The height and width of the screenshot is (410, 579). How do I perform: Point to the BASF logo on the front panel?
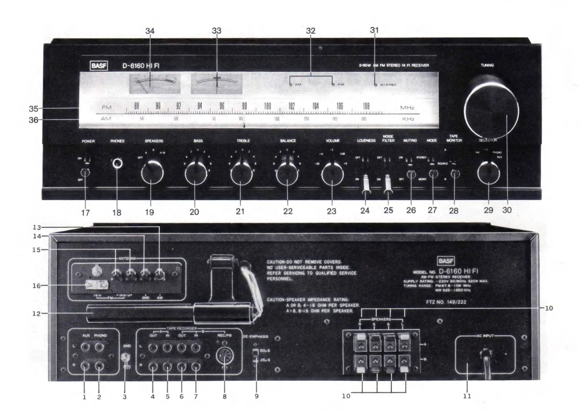pyautogui.click(x=99, y=66)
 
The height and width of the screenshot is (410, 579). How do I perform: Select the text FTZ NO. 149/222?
pyautogui.click(x=446, y=302)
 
